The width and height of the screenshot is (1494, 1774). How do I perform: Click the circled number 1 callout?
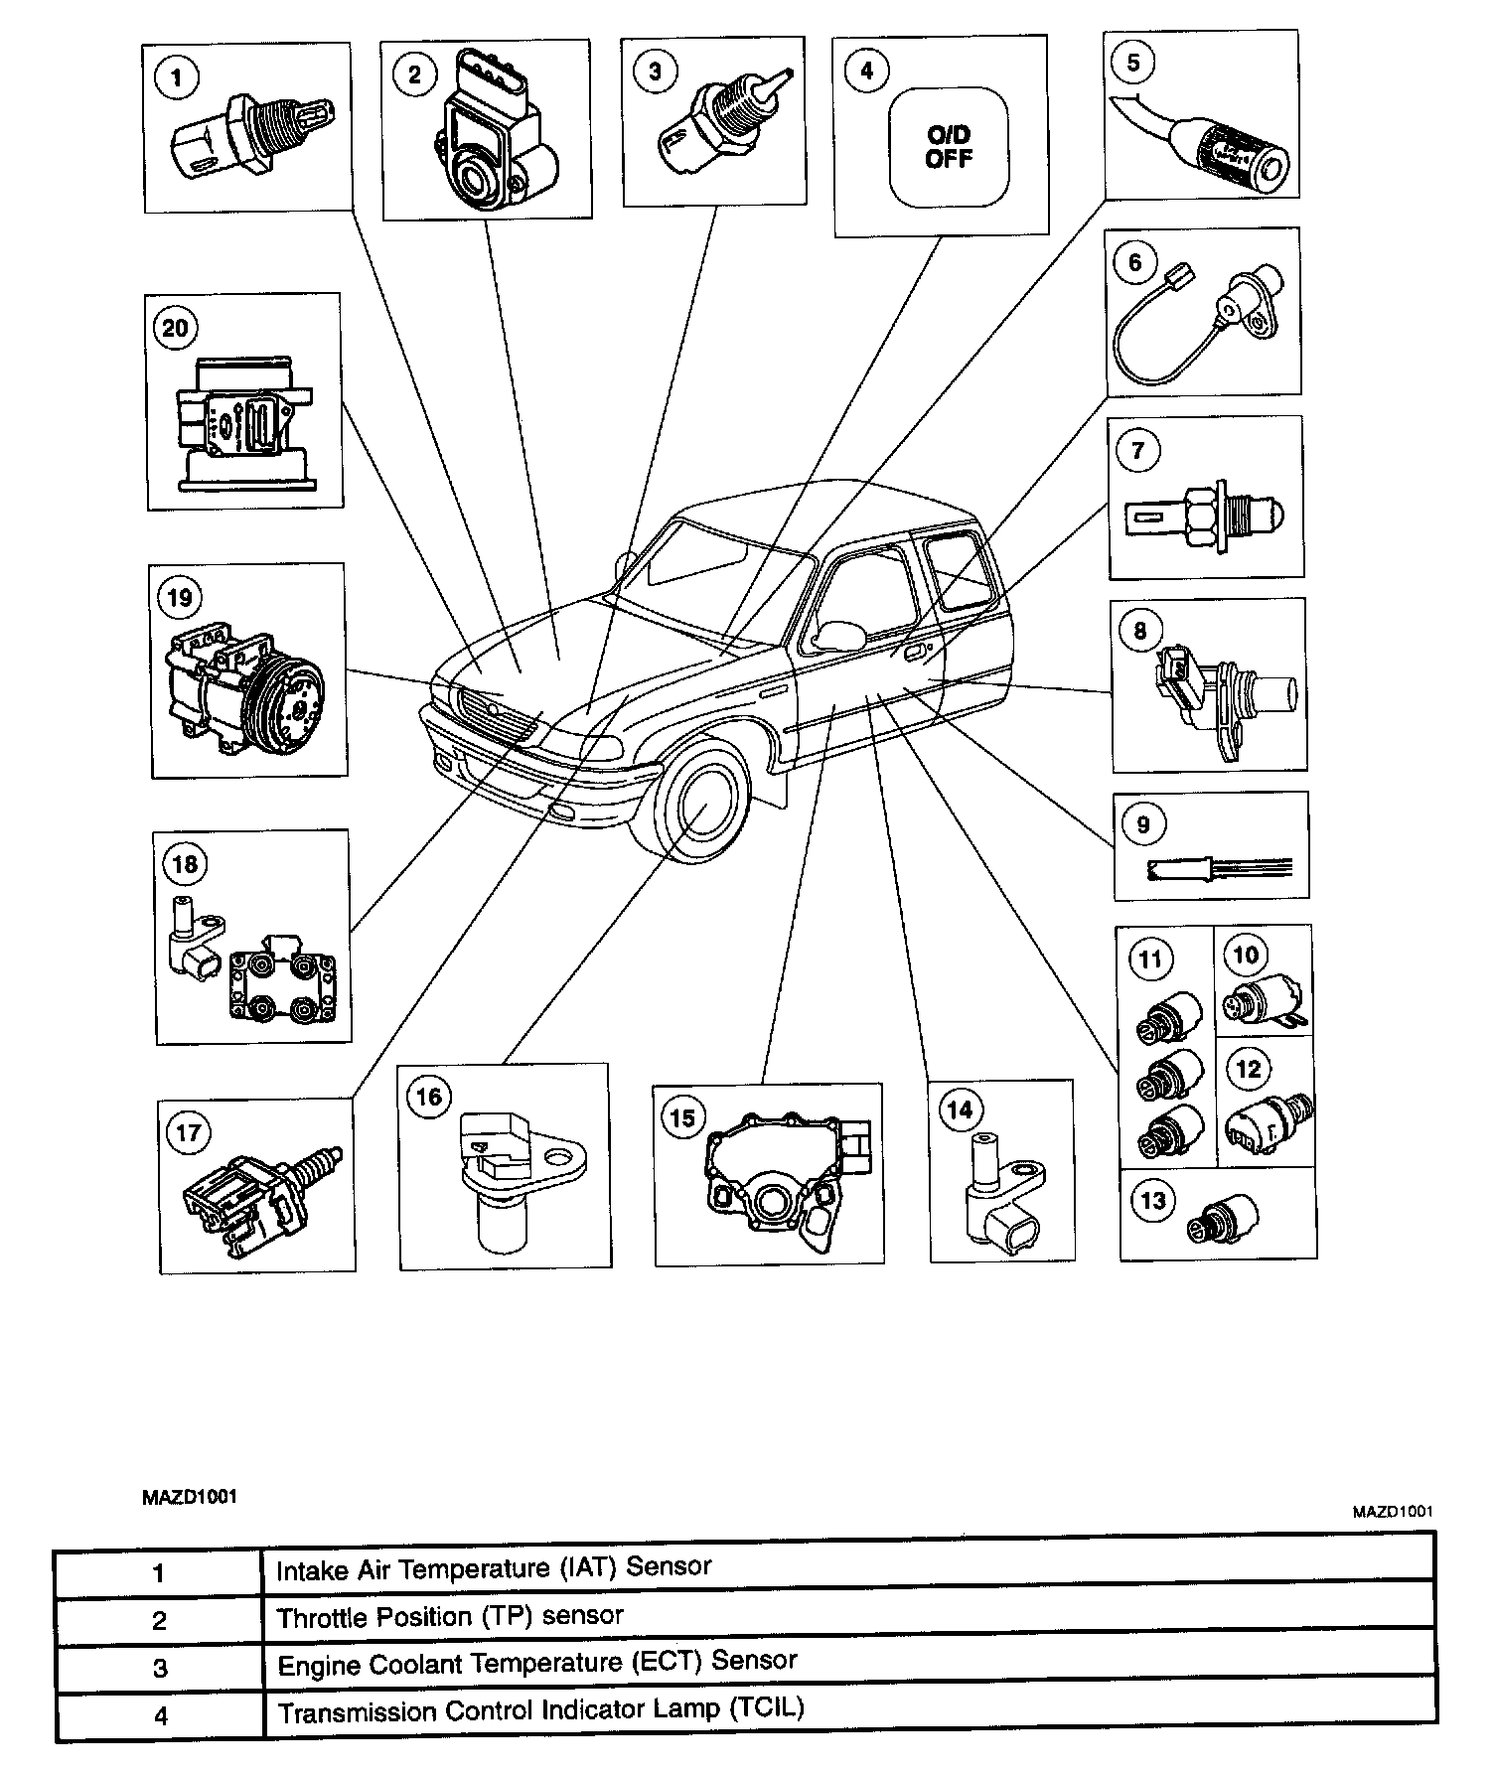178,76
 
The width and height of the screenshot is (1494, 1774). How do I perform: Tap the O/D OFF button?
949,147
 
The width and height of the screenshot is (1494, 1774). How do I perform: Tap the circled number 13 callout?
1152,1201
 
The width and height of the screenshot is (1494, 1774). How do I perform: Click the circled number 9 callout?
1143,824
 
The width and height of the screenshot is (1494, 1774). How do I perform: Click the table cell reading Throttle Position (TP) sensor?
450,1616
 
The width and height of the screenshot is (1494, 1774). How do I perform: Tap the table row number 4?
161,1714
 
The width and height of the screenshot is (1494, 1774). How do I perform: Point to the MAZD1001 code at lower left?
189,1497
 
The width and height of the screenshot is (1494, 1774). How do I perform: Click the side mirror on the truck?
837,634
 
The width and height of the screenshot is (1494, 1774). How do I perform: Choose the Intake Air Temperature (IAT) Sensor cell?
494,1568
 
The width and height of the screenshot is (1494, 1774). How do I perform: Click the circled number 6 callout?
1134,262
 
